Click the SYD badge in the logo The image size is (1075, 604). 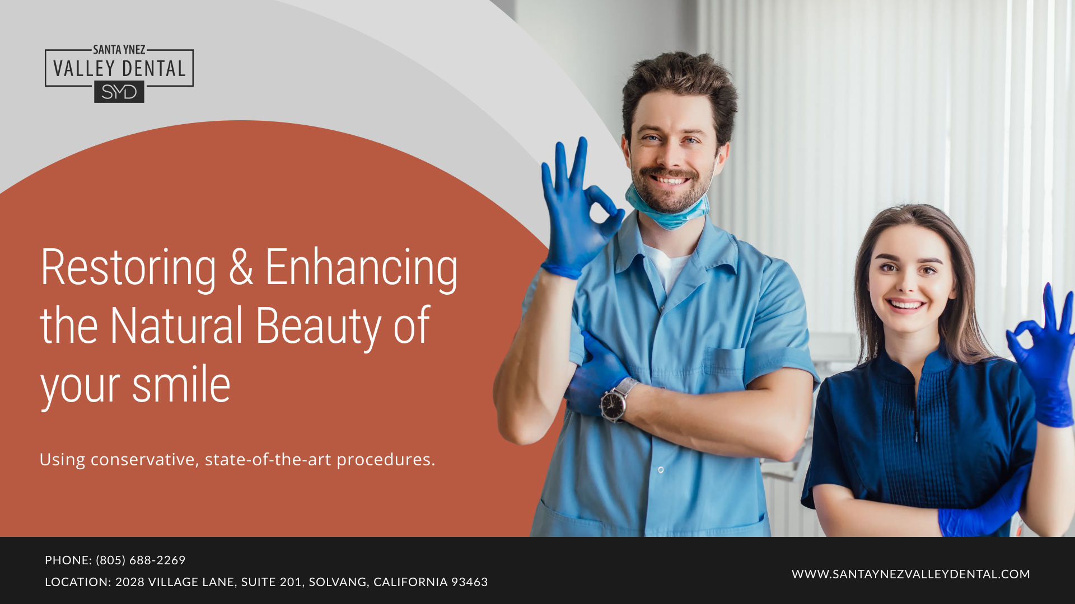119,92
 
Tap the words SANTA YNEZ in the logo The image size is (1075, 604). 119,50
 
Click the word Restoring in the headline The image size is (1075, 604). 128,268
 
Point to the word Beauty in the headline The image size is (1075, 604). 318,327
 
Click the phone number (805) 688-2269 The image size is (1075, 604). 141,560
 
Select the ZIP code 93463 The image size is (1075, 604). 469,582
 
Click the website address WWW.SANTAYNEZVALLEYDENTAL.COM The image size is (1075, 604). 910,574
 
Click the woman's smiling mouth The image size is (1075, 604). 906,305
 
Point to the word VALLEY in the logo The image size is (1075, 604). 84,69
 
